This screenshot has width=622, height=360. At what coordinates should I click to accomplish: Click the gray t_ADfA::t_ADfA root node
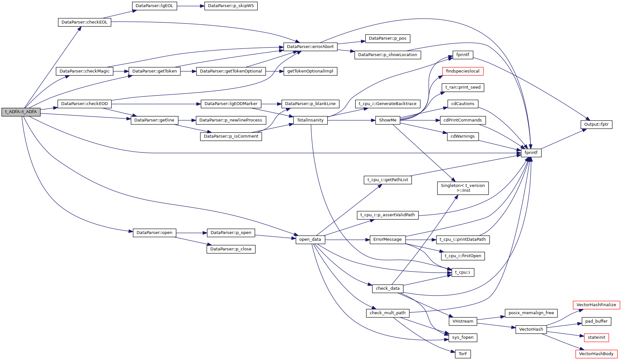tap(21, 112)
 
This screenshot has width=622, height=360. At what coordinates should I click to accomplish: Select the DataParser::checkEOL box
tap(84, 22)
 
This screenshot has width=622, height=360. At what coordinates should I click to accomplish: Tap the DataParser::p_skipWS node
tap(231, 6)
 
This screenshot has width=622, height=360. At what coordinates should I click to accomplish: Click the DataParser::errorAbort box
tap(310, 47)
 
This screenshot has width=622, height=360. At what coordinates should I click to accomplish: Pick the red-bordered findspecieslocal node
tap(463, 71)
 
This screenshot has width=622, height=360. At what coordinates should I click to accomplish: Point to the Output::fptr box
tap(596, 124)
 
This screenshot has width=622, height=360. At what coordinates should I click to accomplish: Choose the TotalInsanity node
tap(310, 120)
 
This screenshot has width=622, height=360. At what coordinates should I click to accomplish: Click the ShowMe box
tap(388, 120)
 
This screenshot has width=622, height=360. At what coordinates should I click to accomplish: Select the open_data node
tap(310, 239)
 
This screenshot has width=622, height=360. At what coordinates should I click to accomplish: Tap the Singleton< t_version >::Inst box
tap(463, 188)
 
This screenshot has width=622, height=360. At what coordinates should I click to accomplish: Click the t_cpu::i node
tap(463, 272)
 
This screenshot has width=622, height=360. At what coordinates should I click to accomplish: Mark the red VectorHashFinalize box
tap(596, 305)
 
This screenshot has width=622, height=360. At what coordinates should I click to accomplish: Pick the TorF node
tap(463, 354)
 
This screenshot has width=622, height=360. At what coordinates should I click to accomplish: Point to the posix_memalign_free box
tap(531, 313)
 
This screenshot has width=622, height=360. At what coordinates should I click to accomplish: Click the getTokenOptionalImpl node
tap(310, 71)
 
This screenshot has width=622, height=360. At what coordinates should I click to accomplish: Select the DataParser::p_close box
tap(231, 249)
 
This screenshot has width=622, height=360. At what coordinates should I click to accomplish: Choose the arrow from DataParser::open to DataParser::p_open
tap(191, 233)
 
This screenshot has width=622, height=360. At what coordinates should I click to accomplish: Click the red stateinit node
tap(596, 337)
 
